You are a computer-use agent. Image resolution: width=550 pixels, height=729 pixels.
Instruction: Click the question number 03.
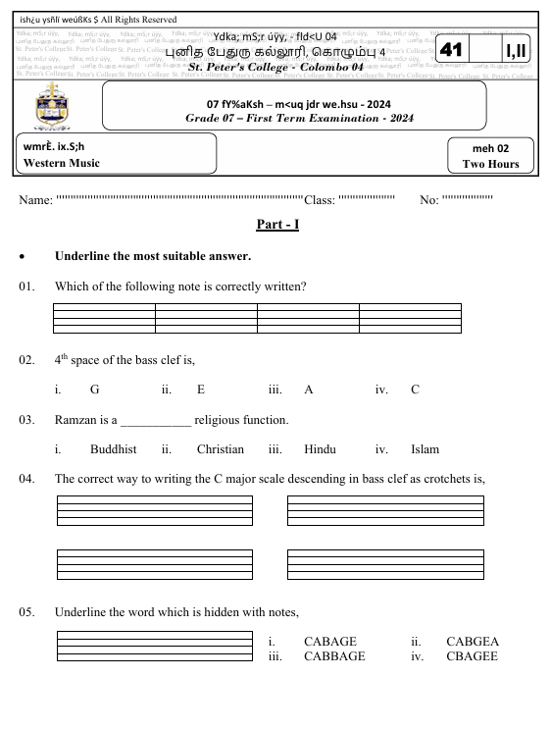26,421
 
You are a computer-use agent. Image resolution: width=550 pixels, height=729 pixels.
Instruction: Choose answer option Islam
425,449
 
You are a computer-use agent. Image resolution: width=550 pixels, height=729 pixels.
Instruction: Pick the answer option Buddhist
113,449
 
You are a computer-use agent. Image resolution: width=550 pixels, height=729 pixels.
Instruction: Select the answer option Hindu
320,449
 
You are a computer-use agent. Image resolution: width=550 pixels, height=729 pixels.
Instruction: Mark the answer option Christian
220,449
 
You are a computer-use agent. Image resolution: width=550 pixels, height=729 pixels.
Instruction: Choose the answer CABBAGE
334,656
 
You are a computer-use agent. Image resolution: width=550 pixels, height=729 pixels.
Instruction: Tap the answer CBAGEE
472,656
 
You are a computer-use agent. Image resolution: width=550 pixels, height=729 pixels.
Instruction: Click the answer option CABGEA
472,642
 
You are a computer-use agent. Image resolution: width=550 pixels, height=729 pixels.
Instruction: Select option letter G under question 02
94,390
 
